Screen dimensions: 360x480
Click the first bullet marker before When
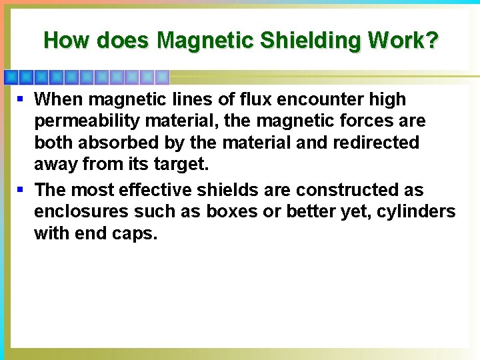point(21,99)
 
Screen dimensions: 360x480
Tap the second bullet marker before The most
point(21,189)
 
